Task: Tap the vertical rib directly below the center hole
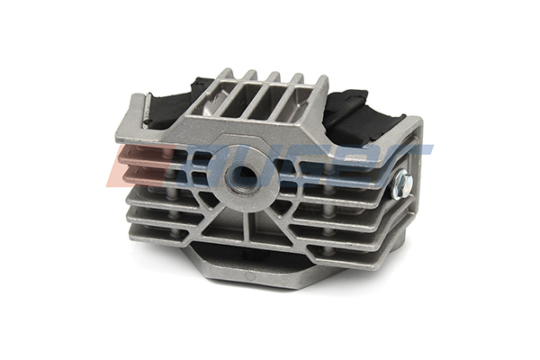pyautogui.click(x=245, y=225)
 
